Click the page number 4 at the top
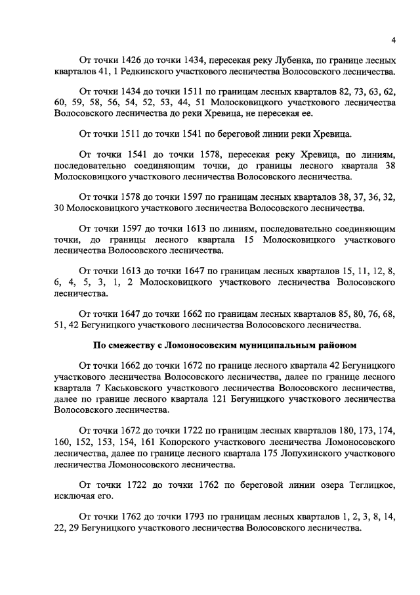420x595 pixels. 392,40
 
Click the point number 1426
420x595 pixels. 134,60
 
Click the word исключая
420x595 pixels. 75,496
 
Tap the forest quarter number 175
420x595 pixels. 262,453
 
